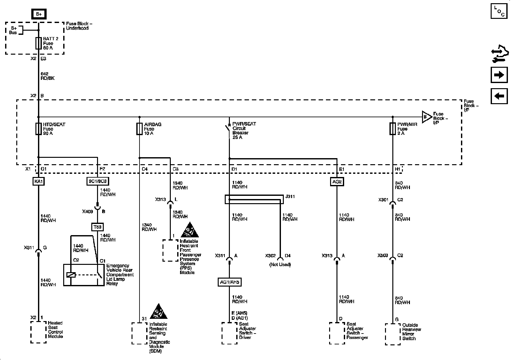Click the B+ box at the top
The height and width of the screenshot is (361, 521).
39,14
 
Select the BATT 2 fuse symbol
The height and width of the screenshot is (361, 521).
38,43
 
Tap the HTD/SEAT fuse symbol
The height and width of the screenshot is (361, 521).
38,129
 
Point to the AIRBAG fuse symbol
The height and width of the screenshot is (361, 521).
139,129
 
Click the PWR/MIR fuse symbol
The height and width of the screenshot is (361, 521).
393,129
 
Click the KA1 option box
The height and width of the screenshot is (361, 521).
38,181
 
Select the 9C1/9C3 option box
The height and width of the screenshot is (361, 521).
97,181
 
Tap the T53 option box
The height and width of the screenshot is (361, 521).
97,227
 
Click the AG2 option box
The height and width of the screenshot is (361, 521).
337,182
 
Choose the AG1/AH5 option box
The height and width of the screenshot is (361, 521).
229,282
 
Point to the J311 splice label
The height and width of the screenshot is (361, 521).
290,197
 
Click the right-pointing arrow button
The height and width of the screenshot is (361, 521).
499,75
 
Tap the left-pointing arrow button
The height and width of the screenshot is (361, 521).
499,96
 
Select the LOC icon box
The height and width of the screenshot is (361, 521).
499,11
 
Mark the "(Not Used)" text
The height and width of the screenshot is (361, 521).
280,265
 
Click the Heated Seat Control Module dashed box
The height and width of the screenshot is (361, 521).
38,332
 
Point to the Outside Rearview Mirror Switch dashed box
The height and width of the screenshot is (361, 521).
393,334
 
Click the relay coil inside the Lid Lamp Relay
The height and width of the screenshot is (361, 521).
71,274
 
